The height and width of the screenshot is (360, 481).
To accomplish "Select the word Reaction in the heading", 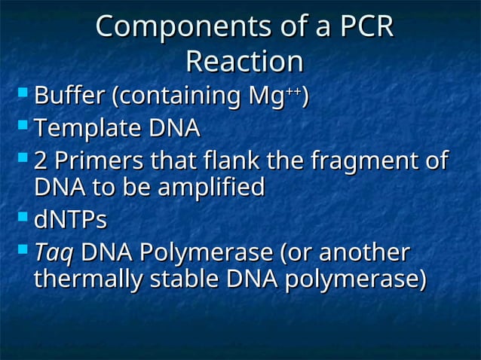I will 244,62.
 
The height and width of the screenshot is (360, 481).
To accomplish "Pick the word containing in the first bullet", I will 176,97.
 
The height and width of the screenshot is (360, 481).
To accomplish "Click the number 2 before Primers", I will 42,161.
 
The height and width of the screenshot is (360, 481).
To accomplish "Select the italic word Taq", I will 54,253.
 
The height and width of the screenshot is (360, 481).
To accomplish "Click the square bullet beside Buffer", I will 23,94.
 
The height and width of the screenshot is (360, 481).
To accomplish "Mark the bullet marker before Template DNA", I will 23,127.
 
